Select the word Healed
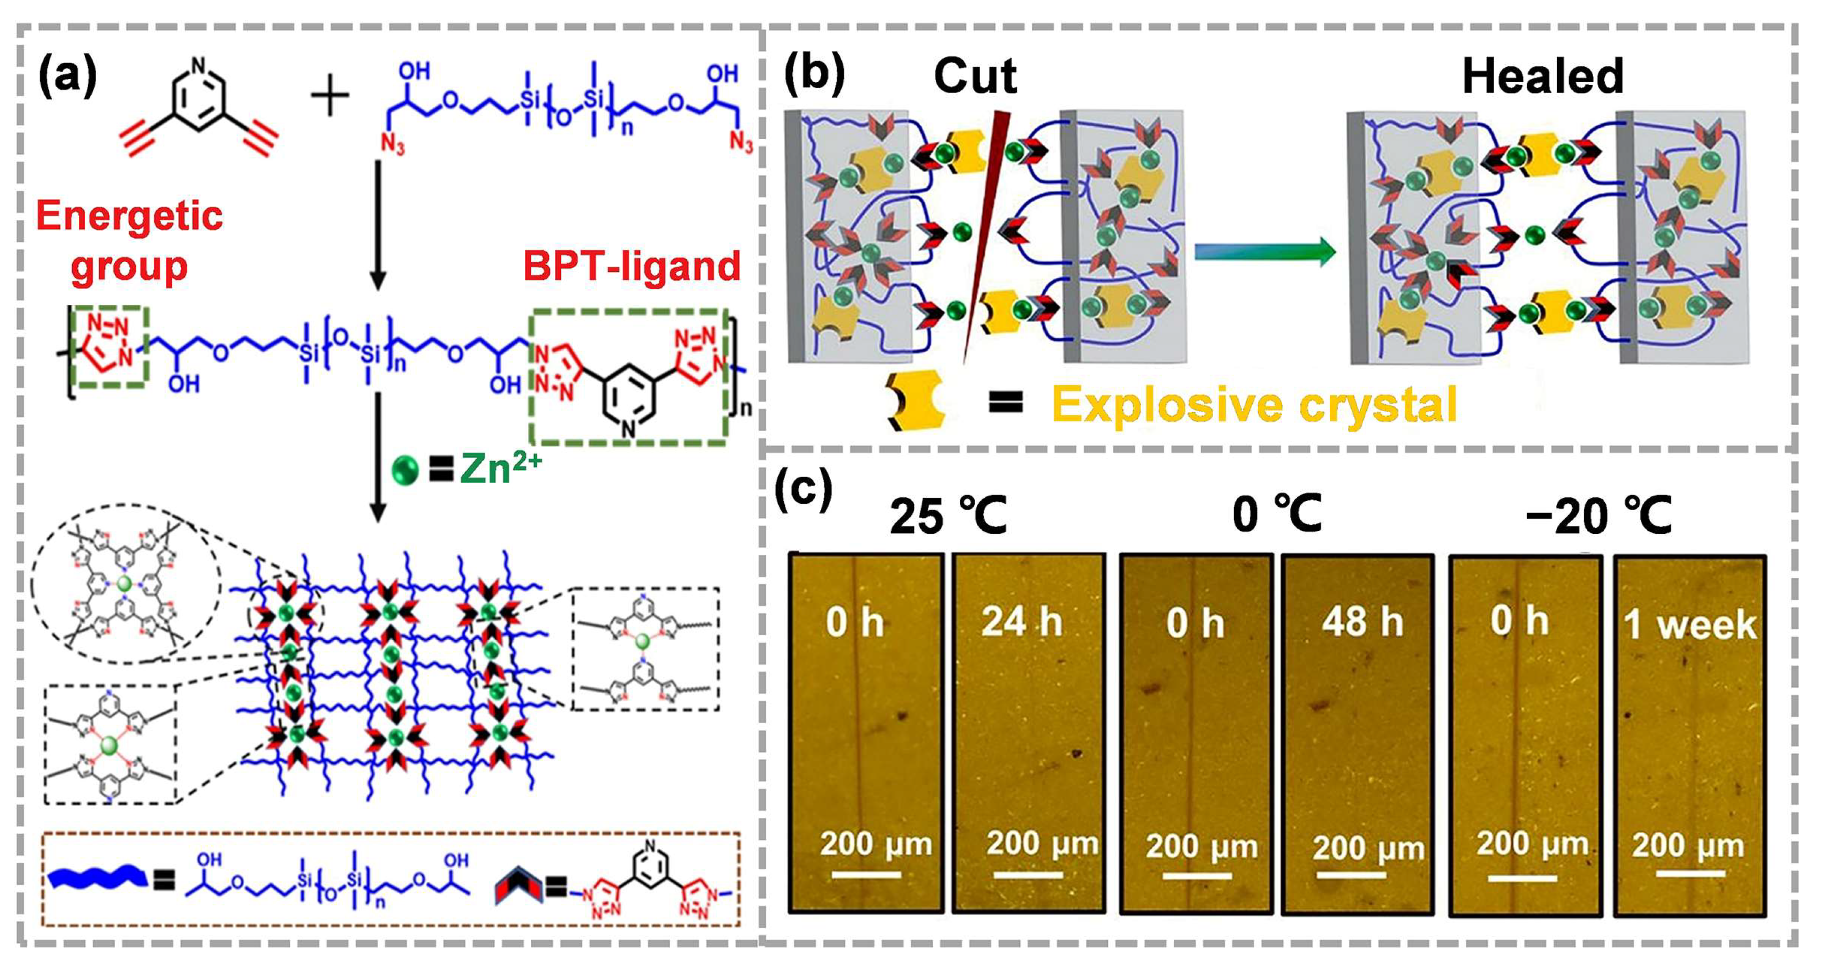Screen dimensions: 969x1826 [x=1543, y=77]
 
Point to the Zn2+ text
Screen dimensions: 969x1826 [x=500, y=469]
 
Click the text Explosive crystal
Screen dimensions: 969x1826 [x=1254, y=404]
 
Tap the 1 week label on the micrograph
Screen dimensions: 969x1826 [x=1689, y=625]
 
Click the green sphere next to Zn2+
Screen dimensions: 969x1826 [x=405, y=470]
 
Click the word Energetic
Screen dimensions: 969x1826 [x=130, y=216]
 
